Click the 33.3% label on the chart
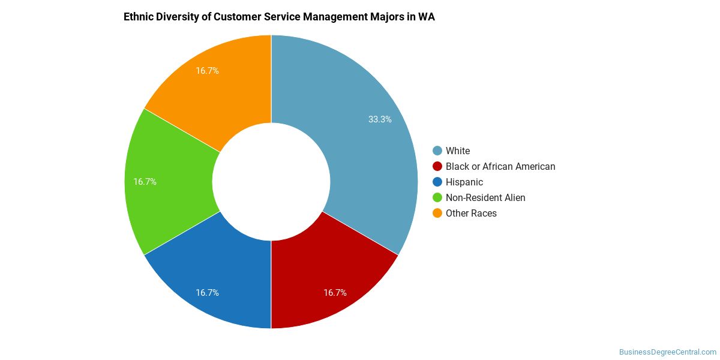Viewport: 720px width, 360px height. pos(380,119)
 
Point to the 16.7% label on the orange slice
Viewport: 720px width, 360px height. pos(207,71)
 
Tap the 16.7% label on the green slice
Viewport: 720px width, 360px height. pos(145,182)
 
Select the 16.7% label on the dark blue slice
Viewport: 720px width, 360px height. pos(207,293)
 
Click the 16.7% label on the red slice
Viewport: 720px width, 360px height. pos(335,293)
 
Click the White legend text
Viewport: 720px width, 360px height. pos(458,151)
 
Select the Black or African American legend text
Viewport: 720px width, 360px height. pos(500,167)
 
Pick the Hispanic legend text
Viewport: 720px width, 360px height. pos(464,182)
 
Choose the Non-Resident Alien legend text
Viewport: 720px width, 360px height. pos(485,198)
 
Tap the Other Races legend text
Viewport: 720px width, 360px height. pos(471,214)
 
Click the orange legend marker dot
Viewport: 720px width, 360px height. pos(437,213)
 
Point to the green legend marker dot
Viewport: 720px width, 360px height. pos(437,197)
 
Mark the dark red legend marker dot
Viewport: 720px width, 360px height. pos(437,166)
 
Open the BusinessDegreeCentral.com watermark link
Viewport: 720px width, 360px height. pos(667,352)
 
